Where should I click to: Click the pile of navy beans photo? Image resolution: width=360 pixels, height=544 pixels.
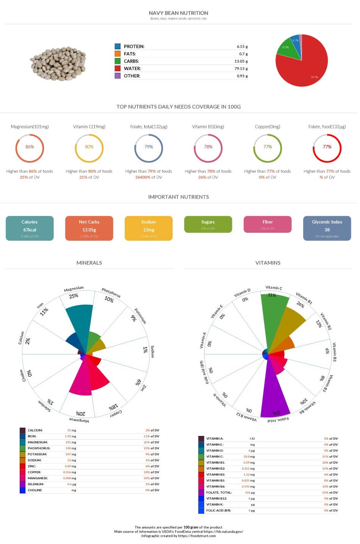click(x=58, y=64)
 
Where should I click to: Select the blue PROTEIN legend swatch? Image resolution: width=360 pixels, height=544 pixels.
click(x=117, y=46)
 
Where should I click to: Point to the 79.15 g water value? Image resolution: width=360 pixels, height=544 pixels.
click(x=241, y=69)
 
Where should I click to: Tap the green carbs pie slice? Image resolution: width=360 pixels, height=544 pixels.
click(x=286, y=49)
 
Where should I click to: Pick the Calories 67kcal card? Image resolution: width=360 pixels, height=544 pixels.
click(x=30, y=228)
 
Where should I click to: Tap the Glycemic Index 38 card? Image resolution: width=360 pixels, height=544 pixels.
click(x=327, y=228)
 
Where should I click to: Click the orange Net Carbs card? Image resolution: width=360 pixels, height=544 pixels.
click(x=89, y=228)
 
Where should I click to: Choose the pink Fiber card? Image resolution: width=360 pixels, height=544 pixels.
click(x=268, y=224)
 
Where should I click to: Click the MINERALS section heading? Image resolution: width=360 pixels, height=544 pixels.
click(x=89, y=263)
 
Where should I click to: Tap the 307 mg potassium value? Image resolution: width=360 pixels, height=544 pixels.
click(x=71, y=454)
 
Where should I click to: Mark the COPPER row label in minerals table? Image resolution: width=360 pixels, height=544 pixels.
click(x=34, y=472)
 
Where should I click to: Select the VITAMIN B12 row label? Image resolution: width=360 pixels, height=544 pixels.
click(x=216, y=499)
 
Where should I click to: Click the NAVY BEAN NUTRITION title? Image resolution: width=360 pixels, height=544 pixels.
click(x=178, y=13)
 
